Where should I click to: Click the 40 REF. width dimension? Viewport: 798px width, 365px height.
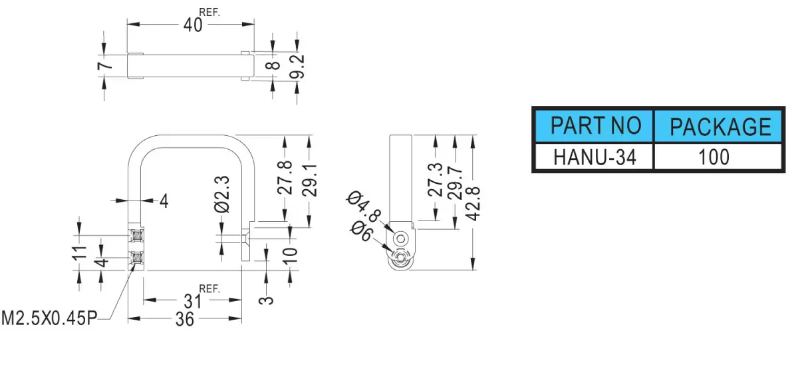click(201, 21)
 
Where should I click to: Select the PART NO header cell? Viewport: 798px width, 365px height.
click(595, 126)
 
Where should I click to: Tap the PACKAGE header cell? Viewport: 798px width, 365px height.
click(719, 126)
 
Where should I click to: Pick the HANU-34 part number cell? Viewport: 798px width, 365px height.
click(595, 157)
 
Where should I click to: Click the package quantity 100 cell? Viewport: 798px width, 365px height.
click(719, 157)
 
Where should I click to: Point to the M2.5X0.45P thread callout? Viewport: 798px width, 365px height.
click(49, 318)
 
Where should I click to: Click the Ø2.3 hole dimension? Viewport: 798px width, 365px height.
click(222, 194)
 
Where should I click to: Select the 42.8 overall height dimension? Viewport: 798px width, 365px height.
click(473, 203)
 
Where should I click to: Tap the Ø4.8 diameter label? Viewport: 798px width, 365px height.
click(364, 206)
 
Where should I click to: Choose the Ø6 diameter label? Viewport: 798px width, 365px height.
click(361, 231)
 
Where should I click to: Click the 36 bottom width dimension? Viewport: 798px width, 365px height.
click(185, 319)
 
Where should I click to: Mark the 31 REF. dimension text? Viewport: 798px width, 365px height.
click(201, 297)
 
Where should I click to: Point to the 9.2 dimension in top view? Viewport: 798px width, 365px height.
click(297, 67)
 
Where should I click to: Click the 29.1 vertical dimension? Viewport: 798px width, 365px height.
click(309, 181)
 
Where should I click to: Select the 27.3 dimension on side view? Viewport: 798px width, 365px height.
click(435, 180)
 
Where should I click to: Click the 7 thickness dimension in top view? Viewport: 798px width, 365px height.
click(105, 66)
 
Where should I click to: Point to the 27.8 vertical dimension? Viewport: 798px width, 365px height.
click(285, 178)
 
